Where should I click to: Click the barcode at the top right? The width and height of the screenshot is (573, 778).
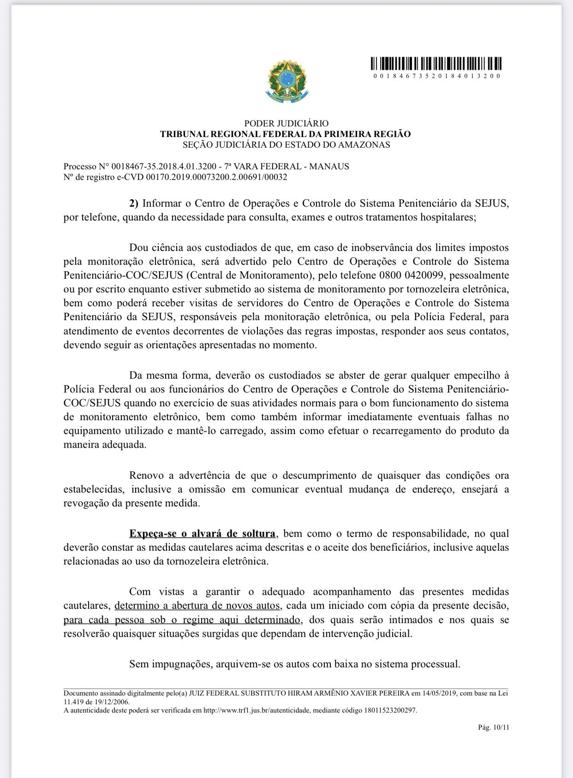[x=436, y=63]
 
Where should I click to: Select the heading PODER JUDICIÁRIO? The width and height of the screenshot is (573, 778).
[x=286, y=124]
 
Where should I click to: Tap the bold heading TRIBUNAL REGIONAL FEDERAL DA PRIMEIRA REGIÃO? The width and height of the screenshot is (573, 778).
[x=285, y=134]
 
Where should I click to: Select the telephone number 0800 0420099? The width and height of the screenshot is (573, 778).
[x=411, y=276]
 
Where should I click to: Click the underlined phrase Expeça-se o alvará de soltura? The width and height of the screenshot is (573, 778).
[x=203, y=534]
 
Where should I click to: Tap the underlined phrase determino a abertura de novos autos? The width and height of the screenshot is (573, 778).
[x=197, y=606]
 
